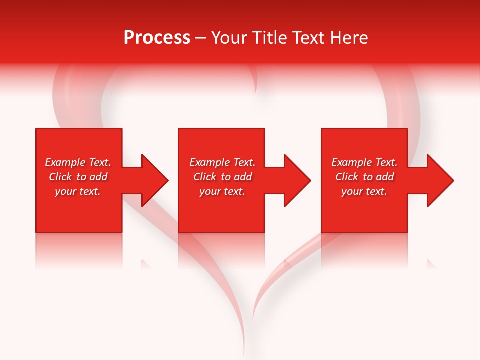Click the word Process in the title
point(157,38)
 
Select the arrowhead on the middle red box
point(296,180)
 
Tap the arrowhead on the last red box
point(439,180)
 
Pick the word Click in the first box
point(60,177)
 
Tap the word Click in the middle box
point(205,177)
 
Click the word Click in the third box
point(347,177)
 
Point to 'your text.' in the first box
point(78,191)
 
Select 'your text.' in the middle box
point(222,191)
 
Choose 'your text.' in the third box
point(364,191)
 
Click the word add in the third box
point(384,177)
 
